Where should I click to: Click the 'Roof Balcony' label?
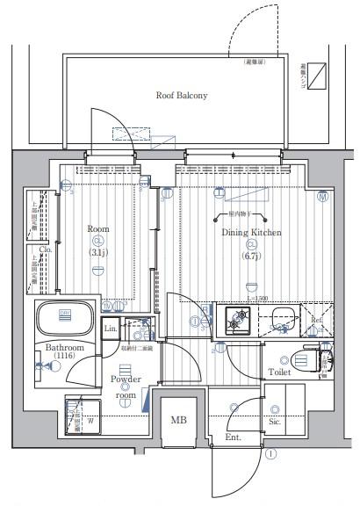[182, 95]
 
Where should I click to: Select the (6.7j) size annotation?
[252, 256]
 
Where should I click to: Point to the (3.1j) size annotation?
[97, 253]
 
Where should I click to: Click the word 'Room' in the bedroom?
[97, 229]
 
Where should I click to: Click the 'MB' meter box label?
[178, 420]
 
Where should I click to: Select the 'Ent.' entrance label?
[233, 437]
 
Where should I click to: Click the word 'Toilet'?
[280, 372]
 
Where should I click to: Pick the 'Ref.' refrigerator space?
[317, 320]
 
